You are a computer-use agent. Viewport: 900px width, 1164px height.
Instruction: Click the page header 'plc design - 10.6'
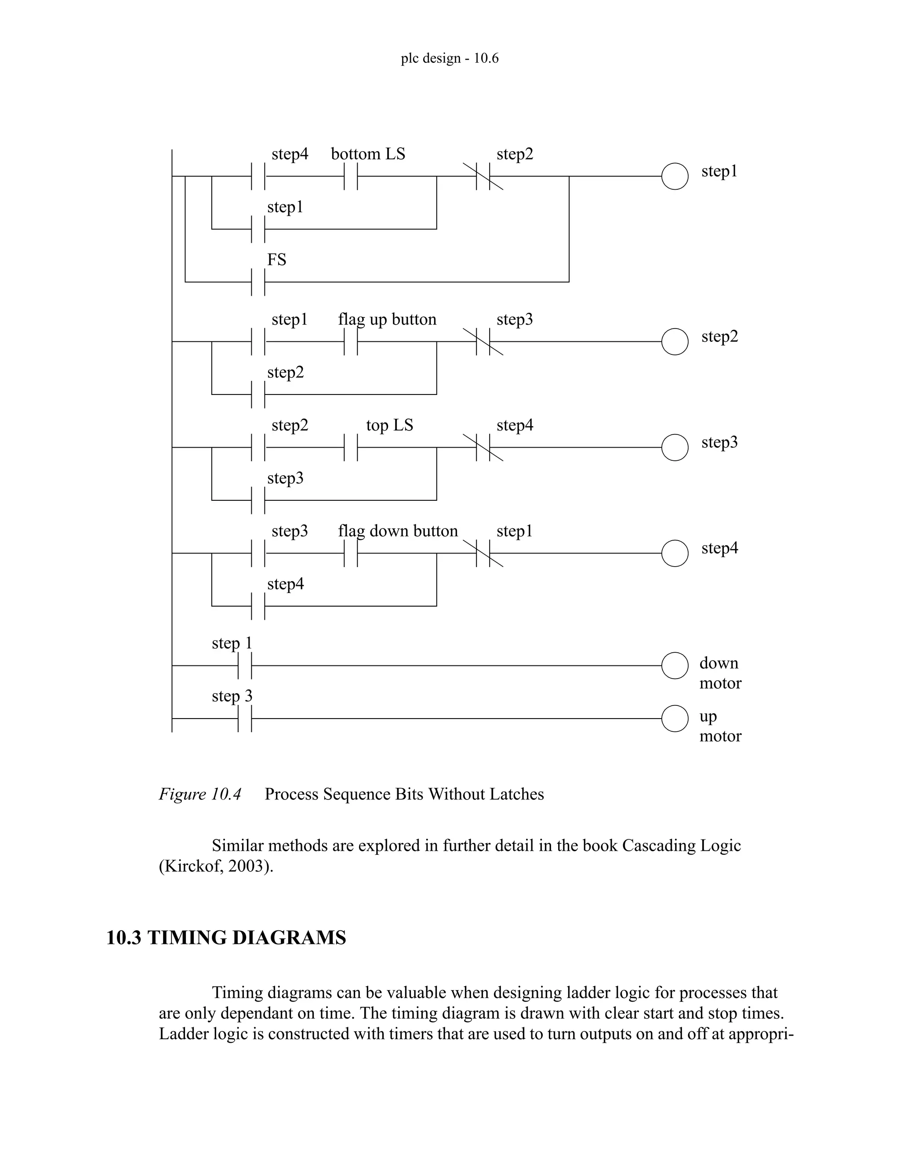click(x=450, y=58)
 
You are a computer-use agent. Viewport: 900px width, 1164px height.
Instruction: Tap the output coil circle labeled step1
click(x=675, y=177)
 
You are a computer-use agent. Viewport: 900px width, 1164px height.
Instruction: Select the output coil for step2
click(x=675, y=342)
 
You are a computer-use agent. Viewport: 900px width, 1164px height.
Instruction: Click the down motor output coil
click(x=675, y=665)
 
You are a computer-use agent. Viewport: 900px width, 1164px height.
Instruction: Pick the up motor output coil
click(x=675, y=719)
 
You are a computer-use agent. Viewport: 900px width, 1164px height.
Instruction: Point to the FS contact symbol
click(x=258, y=282)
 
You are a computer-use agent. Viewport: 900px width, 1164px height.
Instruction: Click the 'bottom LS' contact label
click(x=368, y=154)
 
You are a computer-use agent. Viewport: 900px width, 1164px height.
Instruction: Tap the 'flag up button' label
click(x=387, y=319)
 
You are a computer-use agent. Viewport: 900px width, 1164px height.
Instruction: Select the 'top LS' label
click(x=389, y=425)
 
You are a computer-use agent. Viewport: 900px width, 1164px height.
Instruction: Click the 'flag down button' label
click(x=398, y=531)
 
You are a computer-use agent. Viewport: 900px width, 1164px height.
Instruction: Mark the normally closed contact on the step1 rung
click(x=483, y=177)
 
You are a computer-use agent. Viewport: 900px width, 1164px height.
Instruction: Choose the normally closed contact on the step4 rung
click(x=483, y=553)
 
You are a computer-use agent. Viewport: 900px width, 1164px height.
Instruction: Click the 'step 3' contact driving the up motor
click(x=245, y=719)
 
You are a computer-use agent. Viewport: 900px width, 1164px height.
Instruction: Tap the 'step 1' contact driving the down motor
click(x=245, y=665)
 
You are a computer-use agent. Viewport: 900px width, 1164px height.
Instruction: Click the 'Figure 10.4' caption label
click(x=200, y=794)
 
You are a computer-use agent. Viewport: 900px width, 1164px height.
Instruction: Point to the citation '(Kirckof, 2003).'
click(x=216, y=866)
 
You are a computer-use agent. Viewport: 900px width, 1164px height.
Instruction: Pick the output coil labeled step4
click(x=675, y=553)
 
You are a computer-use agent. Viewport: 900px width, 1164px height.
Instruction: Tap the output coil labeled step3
click(x=675, y=448)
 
